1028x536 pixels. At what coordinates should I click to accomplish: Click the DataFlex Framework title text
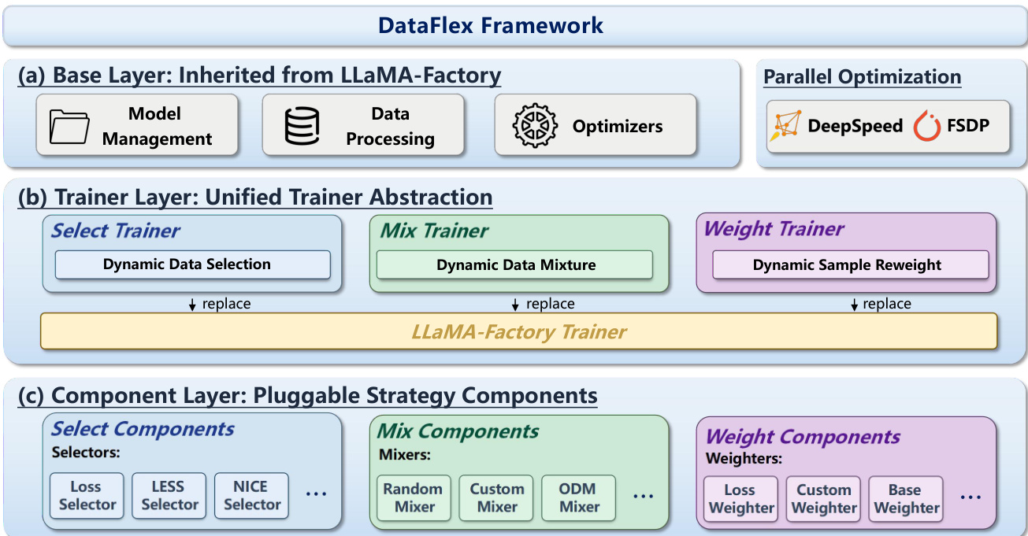pyautogui.click(x=491, y=25)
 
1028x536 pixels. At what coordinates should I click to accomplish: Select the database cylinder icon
pyautogui.click(x=302, y=126)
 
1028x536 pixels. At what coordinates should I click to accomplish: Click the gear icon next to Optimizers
pyautogui.click(x=535, y=126)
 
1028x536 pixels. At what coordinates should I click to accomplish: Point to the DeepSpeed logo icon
pyautogui.click(x=787, y=126)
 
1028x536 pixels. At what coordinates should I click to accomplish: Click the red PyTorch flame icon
pyautogui.click(x=927, y=126)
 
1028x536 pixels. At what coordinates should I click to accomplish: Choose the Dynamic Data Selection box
pyautogui.click(x=192, y=264)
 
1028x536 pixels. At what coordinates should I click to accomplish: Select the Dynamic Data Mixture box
pyautogui.click(x=514, y=264)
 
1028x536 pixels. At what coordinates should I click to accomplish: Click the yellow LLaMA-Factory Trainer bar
pyautogui.click(x=518, y=331)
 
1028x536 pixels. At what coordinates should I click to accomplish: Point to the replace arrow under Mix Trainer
pyautogui.click(x=515, y=305)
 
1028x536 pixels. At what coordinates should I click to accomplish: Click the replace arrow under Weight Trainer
pyautogui.click(x=854, y=305)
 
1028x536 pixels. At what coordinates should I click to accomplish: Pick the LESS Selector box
pyautogui.click(x=169, y=496)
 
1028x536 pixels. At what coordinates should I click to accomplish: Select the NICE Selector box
pyautogui.click(x=251, y=496)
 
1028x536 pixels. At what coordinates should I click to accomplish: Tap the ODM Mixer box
pyautogui.click(x=579, y=498)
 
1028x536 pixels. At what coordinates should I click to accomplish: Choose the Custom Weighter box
pyautogui.click(x=823, y=499)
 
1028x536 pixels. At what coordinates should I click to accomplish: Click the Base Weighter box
pyautogui.click(x=906, y=499)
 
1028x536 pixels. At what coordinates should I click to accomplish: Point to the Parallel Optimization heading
pyautogui.click(x=862, y=77)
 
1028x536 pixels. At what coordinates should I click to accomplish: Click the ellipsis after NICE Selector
pyautogui.click(x=316, y=494)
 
